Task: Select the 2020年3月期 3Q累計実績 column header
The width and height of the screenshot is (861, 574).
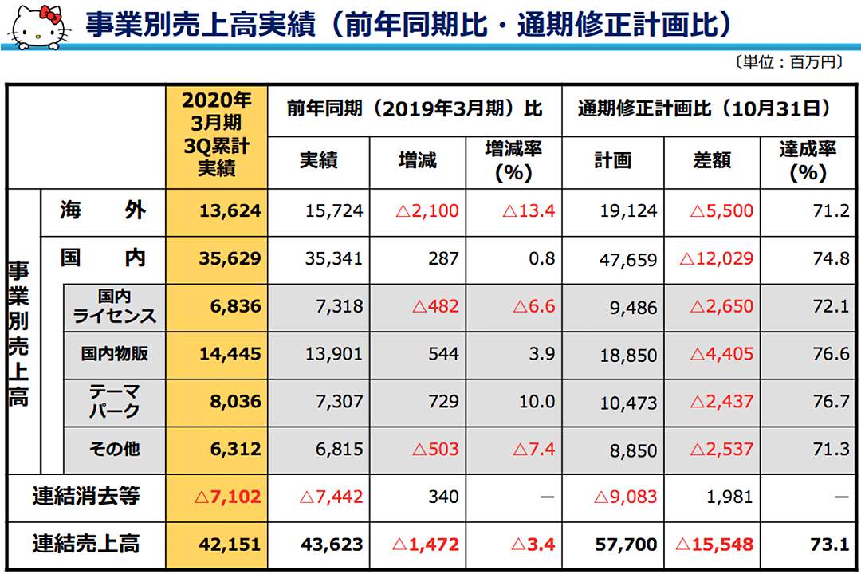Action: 216,134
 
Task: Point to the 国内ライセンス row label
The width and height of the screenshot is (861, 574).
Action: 114,307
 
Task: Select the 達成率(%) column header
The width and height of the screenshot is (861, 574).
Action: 808,162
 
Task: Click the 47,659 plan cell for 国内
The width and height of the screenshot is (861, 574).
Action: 628,259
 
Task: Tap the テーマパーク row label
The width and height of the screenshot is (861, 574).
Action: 114,402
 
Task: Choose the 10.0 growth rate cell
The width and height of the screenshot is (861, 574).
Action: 537,402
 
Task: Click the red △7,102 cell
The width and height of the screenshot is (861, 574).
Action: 228,497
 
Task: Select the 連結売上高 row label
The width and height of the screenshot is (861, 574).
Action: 86,545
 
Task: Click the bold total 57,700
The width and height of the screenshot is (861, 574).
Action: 627,545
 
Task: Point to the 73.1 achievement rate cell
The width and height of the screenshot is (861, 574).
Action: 830,545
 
